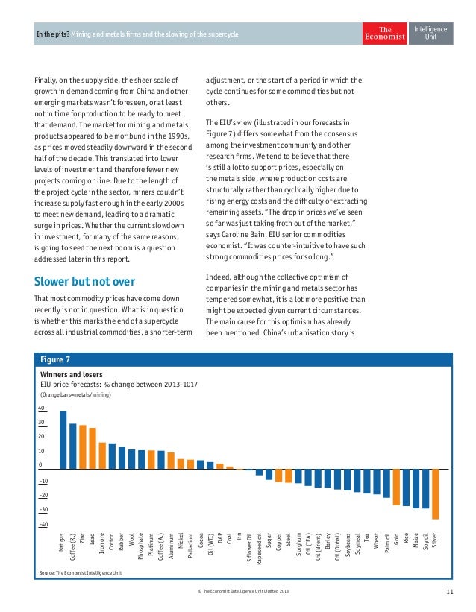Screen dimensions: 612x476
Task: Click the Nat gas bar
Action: [63, 440]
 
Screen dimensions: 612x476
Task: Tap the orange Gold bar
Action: [396, 487]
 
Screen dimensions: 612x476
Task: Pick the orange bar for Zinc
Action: [82, 447]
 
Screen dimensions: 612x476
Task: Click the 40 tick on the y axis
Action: [41, 408]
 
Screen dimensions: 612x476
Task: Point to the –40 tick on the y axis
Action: [43, 525]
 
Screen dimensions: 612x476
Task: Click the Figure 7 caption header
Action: [55, 359]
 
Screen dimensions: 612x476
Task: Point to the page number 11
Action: [450, 593]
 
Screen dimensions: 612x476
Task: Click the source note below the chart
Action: [81, 573]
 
